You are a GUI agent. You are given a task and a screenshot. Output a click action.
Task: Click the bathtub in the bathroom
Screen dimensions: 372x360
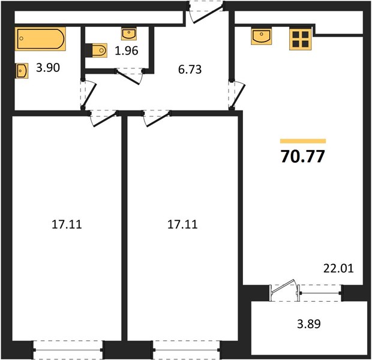click(40, 39)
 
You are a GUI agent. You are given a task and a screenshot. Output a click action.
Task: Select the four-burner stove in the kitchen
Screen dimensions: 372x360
click(300, 39)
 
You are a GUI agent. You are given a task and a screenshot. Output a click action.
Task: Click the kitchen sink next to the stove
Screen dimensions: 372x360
click(262, 37)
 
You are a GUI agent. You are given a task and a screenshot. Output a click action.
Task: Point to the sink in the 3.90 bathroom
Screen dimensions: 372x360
click(22, 71)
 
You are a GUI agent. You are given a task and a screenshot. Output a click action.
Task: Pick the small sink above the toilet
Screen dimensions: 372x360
click(129, 34)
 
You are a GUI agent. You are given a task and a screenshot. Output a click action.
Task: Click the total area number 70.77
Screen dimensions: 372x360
click(302, 157)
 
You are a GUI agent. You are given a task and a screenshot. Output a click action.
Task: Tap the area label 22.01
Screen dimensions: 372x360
click(338, 268)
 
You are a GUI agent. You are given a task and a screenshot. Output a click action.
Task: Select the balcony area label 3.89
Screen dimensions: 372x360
click(309, 323)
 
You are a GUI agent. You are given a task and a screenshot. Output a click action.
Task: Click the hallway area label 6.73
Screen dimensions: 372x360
click(190, 70)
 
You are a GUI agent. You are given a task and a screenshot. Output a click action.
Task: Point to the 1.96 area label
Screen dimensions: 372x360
click(127, 51)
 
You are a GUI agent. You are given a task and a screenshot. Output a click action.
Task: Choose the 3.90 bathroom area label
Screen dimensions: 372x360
click(48, 68)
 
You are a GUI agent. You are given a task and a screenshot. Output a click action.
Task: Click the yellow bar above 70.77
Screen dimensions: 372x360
click(303, 141)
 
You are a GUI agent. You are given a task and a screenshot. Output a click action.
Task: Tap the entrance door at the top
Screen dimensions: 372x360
click(206, 12)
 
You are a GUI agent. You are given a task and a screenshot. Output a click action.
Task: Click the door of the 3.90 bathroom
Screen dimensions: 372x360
click(88, 95)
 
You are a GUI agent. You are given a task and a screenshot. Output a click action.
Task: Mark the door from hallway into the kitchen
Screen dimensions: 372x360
click(236, 95)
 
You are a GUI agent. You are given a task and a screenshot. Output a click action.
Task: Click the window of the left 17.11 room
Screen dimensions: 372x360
click(68, 350)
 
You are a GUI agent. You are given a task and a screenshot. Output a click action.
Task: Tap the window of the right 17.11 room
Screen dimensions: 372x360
click(187, 350)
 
